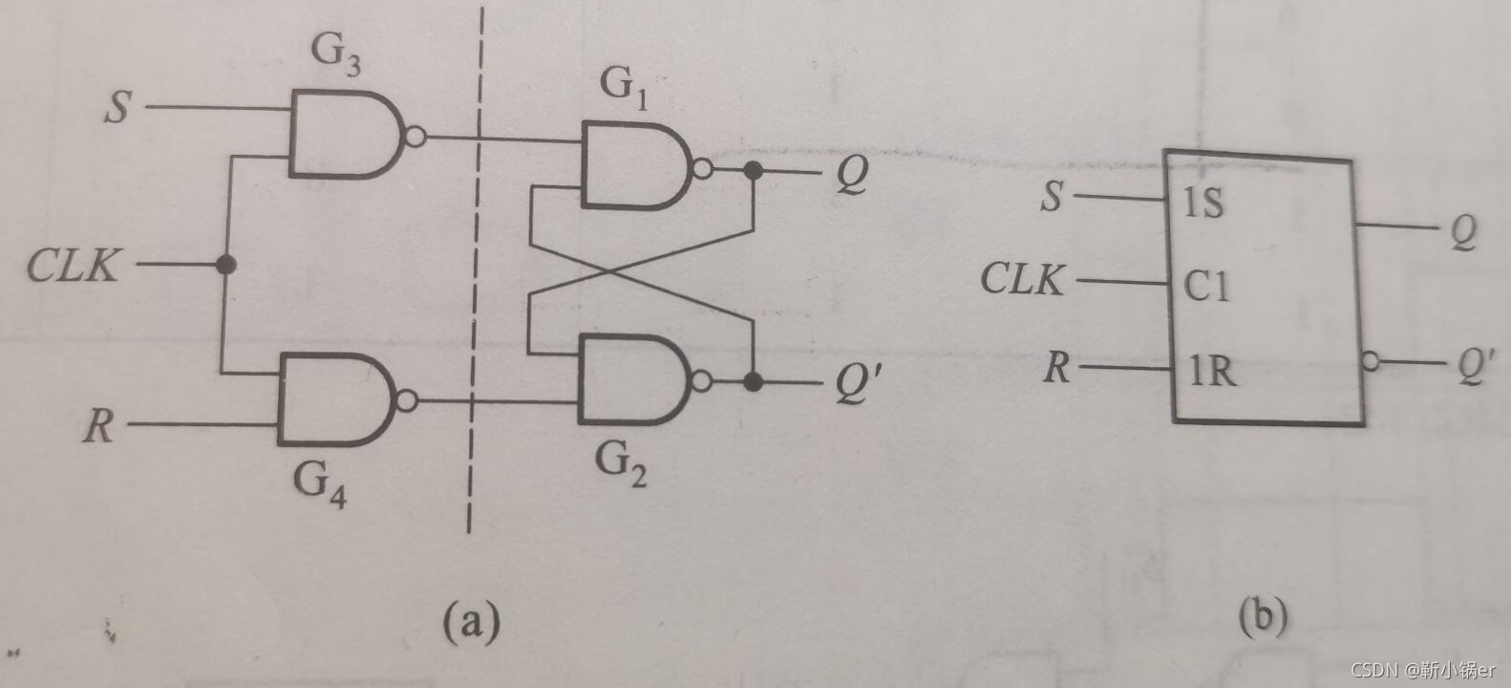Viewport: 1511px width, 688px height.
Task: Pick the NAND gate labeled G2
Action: pyautogui.click(x=633, y=380)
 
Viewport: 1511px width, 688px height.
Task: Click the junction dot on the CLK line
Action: pyautogui.click(x=225, y=265)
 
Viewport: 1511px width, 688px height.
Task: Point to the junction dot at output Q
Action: pyautogui.click(x=754, y=171)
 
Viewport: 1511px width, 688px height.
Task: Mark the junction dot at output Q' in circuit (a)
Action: pyautogui.click(x=754, y=382)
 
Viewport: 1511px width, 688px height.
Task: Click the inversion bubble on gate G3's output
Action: pyautogui.click(x=415, y=137)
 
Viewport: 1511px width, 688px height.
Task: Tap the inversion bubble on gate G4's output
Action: pyautogui.click(x=406, y=400)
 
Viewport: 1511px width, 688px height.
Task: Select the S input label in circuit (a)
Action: pyautogui.click(x=117, y=107)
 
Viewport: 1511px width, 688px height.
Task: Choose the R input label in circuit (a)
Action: pyautogui.click(x=98, y=424)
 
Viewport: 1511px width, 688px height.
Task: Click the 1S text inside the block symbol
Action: pyautogui.click(x=1202, y=203)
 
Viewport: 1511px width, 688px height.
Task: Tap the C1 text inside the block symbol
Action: pyautogui.click(x=1206, y=285)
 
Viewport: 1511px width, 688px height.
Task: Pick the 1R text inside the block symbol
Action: pyautogui.click(x=1210, y=370)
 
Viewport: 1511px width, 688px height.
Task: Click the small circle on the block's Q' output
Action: pyautogui.click(x=1372, y=362)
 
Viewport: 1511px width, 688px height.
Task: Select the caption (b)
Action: pyautogui.click(x=1263, y=616)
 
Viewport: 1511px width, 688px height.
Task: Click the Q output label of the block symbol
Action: pyautogui.click(x=1462, y=231)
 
